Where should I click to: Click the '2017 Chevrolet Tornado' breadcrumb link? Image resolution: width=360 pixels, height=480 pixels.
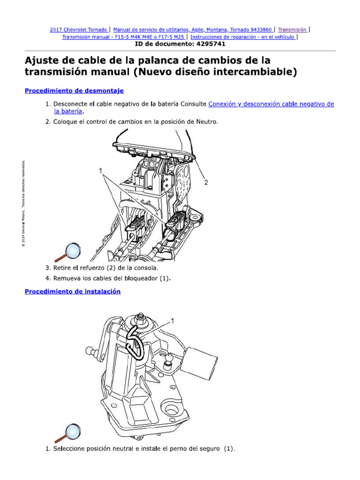pos(79,29)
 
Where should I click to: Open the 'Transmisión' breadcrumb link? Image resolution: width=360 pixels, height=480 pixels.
pos(292,29)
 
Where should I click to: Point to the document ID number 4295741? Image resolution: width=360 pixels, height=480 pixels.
pos(206,44)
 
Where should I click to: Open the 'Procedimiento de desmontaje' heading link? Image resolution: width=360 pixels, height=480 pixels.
pos(74,90)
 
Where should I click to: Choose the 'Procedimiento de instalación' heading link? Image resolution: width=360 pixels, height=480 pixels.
pos(73,291)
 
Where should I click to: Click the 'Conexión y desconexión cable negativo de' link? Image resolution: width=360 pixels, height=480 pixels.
pos(271,104)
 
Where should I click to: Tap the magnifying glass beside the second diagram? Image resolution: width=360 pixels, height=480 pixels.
pos(72,434)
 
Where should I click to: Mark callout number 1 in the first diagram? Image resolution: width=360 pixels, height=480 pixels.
pos(100,171)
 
